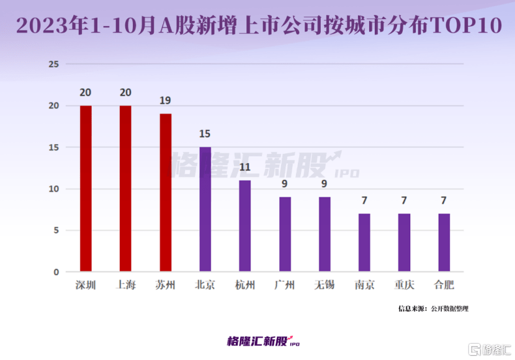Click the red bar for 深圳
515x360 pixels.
pos(86,189)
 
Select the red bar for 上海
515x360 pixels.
pos(125,189)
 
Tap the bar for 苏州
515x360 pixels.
pos(165,192)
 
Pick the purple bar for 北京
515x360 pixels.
pos(205,209)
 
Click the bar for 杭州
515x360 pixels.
pos(245,226)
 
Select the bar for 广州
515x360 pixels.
pos(285,234)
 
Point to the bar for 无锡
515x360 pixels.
pos(325,234)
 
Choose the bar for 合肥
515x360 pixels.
pos(444,243)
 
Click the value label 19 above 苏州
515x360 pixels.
pos(165,101)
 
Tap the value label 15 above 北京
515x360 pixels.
pos(205,134)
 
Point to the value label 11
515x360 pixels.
pos(245,167)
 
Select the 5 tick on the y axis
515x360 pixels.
pos(56,230)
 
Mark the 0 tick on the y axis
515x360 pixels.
pos(56,272)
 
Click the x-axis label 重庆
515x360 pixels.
pos(405,286)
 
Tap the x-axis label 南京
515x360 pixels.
pos(364,286)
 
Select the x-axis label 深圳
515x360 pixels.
pos(86,286)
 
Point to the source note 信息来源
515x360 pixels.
pos(413,308)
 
